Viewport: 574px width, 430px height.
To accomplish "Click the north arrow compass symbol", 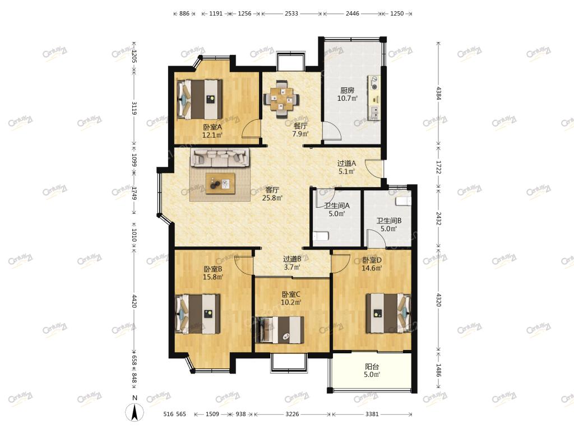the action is click(x=135, y=413).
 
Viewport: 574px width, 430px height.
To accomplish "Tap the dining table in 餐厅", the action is click(x=281, y=98).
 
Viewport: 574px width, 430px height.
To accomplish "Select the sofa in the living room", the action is click(x=220, y=157).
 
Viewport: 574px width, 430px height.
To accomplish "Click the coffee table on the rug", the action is click(x=220, y=183).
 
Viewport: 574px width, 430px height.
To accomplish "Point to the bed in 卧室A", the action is click(x=200, y=99).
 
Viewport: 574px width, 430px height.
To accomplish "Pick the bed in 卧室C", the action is click(x=279, y=330).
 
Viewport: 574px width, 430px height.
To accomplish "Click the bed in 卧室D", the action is click(x=388, y=314).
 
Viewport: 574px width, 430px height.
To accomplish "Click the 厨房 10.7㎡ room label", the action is click(x=347, y=94).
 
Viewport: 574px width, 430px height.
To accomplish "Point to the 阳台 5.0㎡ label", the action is click(x=372, y=371).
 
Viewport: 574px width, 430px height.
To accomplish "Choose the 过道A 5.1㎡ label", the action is click(x=346, y=167).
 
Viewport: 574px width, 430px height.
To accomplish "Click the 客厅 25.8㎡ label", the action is click(x=272, y=194).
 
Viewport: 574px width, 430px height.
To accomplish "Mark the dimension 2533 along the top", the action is click(x=291, y=13).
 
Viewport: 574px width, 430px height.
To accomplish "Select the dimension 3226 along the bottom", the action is click(x=292, y=414).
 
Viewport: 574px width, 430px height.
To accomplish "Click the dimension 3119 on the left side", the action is click(x=134, y=108).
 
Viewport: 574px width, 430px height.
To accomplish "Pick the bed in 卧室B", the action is click(x=198, y=314).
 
